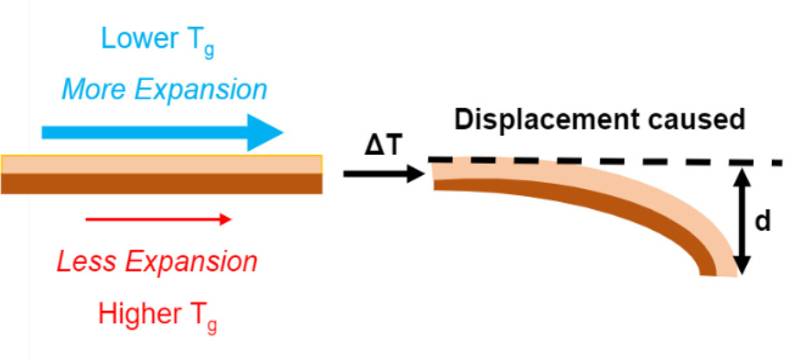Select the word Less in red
pos(85,262)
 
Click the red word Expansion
pos(191,263)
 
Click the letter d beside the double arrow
pos(763,221)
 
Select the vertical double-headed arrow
pos(743,220)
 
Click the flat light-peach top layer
pos(161,165)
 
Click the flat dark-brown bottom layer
pos(161,184)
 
